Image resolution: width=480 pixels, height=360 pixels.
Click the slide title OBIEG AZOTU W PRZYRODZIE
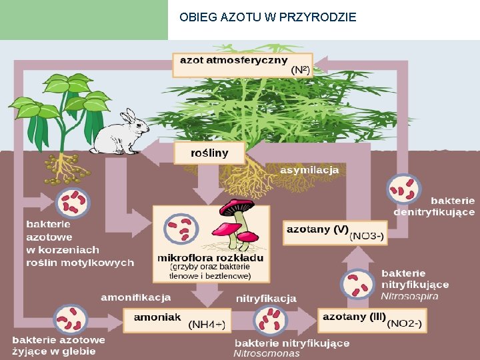268,17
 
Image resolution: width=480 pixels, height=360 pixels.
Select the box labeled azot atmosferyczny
243,65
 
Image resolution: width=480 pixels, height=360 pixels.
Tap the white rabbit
123,133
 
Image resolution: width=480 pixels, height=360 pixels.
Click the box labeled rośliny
209,153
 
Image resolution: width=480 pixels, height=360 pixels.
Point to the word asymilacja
309,171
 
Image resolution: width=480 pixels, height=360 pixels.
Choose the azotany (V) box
335,231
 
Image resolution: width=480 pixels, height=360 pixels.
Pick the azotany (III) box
371,319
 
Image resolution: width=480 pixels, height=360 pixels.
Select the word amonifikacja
136,297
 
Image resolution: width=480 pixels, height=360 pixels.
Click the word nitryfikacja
266,298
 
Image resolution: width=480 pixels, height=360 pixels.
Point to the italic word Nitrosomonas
267,353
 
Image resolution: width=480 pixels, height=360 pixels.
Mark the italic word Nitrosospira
410,296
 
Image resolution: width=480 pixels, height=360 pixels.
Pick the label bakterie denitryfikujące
434,206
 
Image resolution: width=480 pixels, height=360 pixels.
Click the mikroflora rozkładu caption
210,258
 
